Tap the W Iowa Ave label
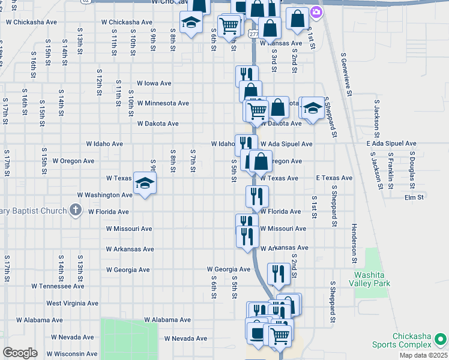(154, 83)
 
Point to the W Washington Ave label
(105, 195)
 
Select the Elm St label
(414, 197)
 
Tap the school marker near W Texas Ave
(145, 182)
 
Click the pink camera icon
(316, 11)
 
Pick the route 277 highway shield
(253, 34)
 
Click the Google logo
(20, 353)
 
